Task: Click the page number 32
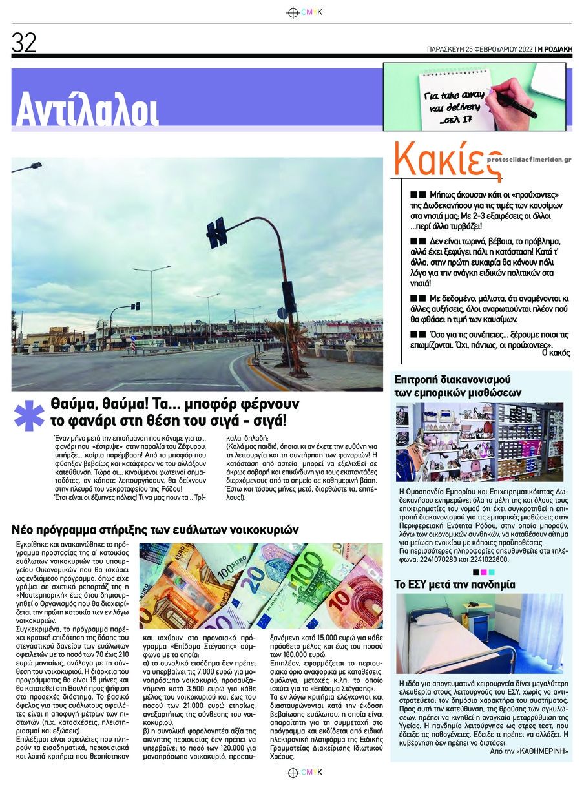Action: coord(25,43)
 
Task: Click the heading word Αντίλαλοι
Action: coord(87,109)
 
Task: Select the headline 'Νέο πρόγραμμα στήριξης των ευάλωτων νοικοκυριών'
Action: coord(155,530)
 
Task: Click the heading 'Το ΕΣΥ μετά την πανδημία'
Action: coord(455,584)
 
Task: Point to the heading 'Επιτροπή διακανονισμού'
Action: coord(452,378)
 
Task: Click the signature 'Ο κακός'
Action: coord(554,353)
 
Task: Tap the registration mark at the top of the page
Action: coord(293,12)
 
